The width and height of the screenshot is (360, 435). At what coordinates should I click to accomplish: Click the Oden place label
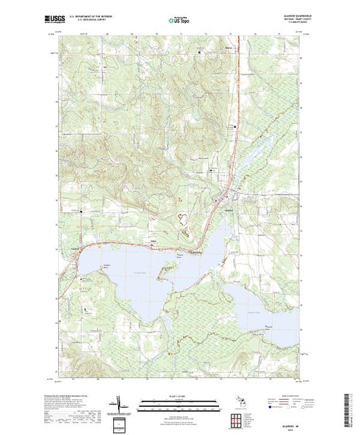coord(153,241)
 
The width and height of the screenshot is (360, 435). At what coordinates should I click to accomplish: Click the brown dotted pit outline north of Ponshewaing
coord(185,220)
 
